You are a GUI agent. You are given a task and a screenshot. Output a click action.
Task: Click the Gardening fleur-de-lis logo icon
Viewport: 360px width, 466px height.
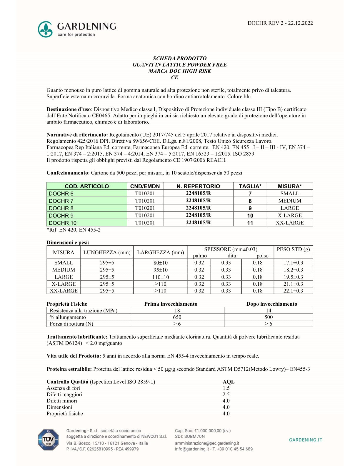pyautogui.click(x=45, y=29)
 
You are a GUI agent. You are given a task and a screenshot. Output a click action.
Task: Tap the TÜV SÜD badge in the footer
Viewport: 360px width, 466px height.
pyautogui.click(x=48, y=440)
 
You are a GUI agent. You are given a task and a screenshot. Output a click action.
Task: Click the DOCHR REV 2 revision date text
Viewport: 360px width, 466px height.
pyautogui.click(x=280, y=23)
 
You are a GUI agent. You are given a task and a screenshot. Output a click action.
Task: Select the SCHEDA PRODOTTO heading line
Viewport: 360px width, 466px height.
pyautogui.click(x=179, y=58)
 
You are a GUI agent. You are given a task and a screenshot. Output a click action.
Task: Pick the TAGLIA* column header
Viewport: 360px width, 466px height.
pyautogui.click(x=250, y=186)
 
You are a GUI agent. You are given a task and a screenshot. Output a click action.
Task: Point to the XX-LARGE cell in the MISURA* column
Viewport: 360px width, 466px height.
pyautogui.click(x=289, y=223)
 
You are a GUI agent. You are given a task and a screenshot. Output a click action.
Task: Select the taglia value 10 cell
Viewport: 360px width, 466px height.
pyautogui.click(x=250, y=215)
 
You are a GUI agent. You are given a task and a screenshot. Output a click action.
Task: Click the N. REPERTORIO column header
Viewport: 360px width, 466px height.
pyautogui.click(x=198, y=186)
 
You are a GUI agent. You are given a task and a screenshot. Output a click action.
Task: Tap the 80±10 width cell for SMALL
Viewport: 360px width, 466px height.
pyautogui.click(x=161, y=263)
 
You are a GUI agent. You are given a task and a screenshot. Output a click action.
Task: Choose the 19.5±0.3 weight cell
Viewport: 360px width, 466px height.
pyautogui.click(x=293, y=277)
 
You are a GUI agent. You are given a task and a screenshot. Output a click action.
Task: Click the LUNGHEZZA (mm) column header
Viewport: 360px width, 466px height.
pyautogui.click(x=107, y=252)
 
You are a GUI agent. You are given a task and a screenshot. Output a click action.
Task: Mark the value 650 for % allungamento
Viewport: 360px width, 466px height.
pyautogui.click(x=177, y=317)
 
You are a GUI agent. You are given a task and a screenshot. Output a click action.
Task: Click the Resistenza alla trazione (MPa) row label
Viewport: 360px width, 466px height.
pyautogui.click(x=84, y=310)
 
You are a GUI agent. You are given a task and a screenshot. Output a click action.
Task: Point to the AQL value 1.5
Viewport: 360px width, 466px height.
pyautogui.click(x=226, y=388)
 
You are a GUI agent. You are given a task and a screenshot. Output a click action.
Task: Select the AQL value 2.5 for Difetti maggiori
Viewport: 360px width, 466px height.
pyautogui.click(x=226, y=395)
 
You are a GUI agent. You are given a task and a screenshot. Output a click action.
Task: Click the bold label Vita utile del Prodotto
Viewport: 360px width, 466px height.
pyautogui.click(x=74, y=356)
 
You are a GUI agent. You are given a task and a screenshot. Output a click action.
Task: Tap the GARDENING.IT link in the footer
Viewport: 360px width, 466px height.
pyautogui.click(x=305, y=440)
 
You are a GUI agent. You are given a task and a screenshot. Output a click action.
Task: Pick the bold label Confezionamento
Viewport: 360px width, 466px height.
pyautogui.click(x=67, y=173)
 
